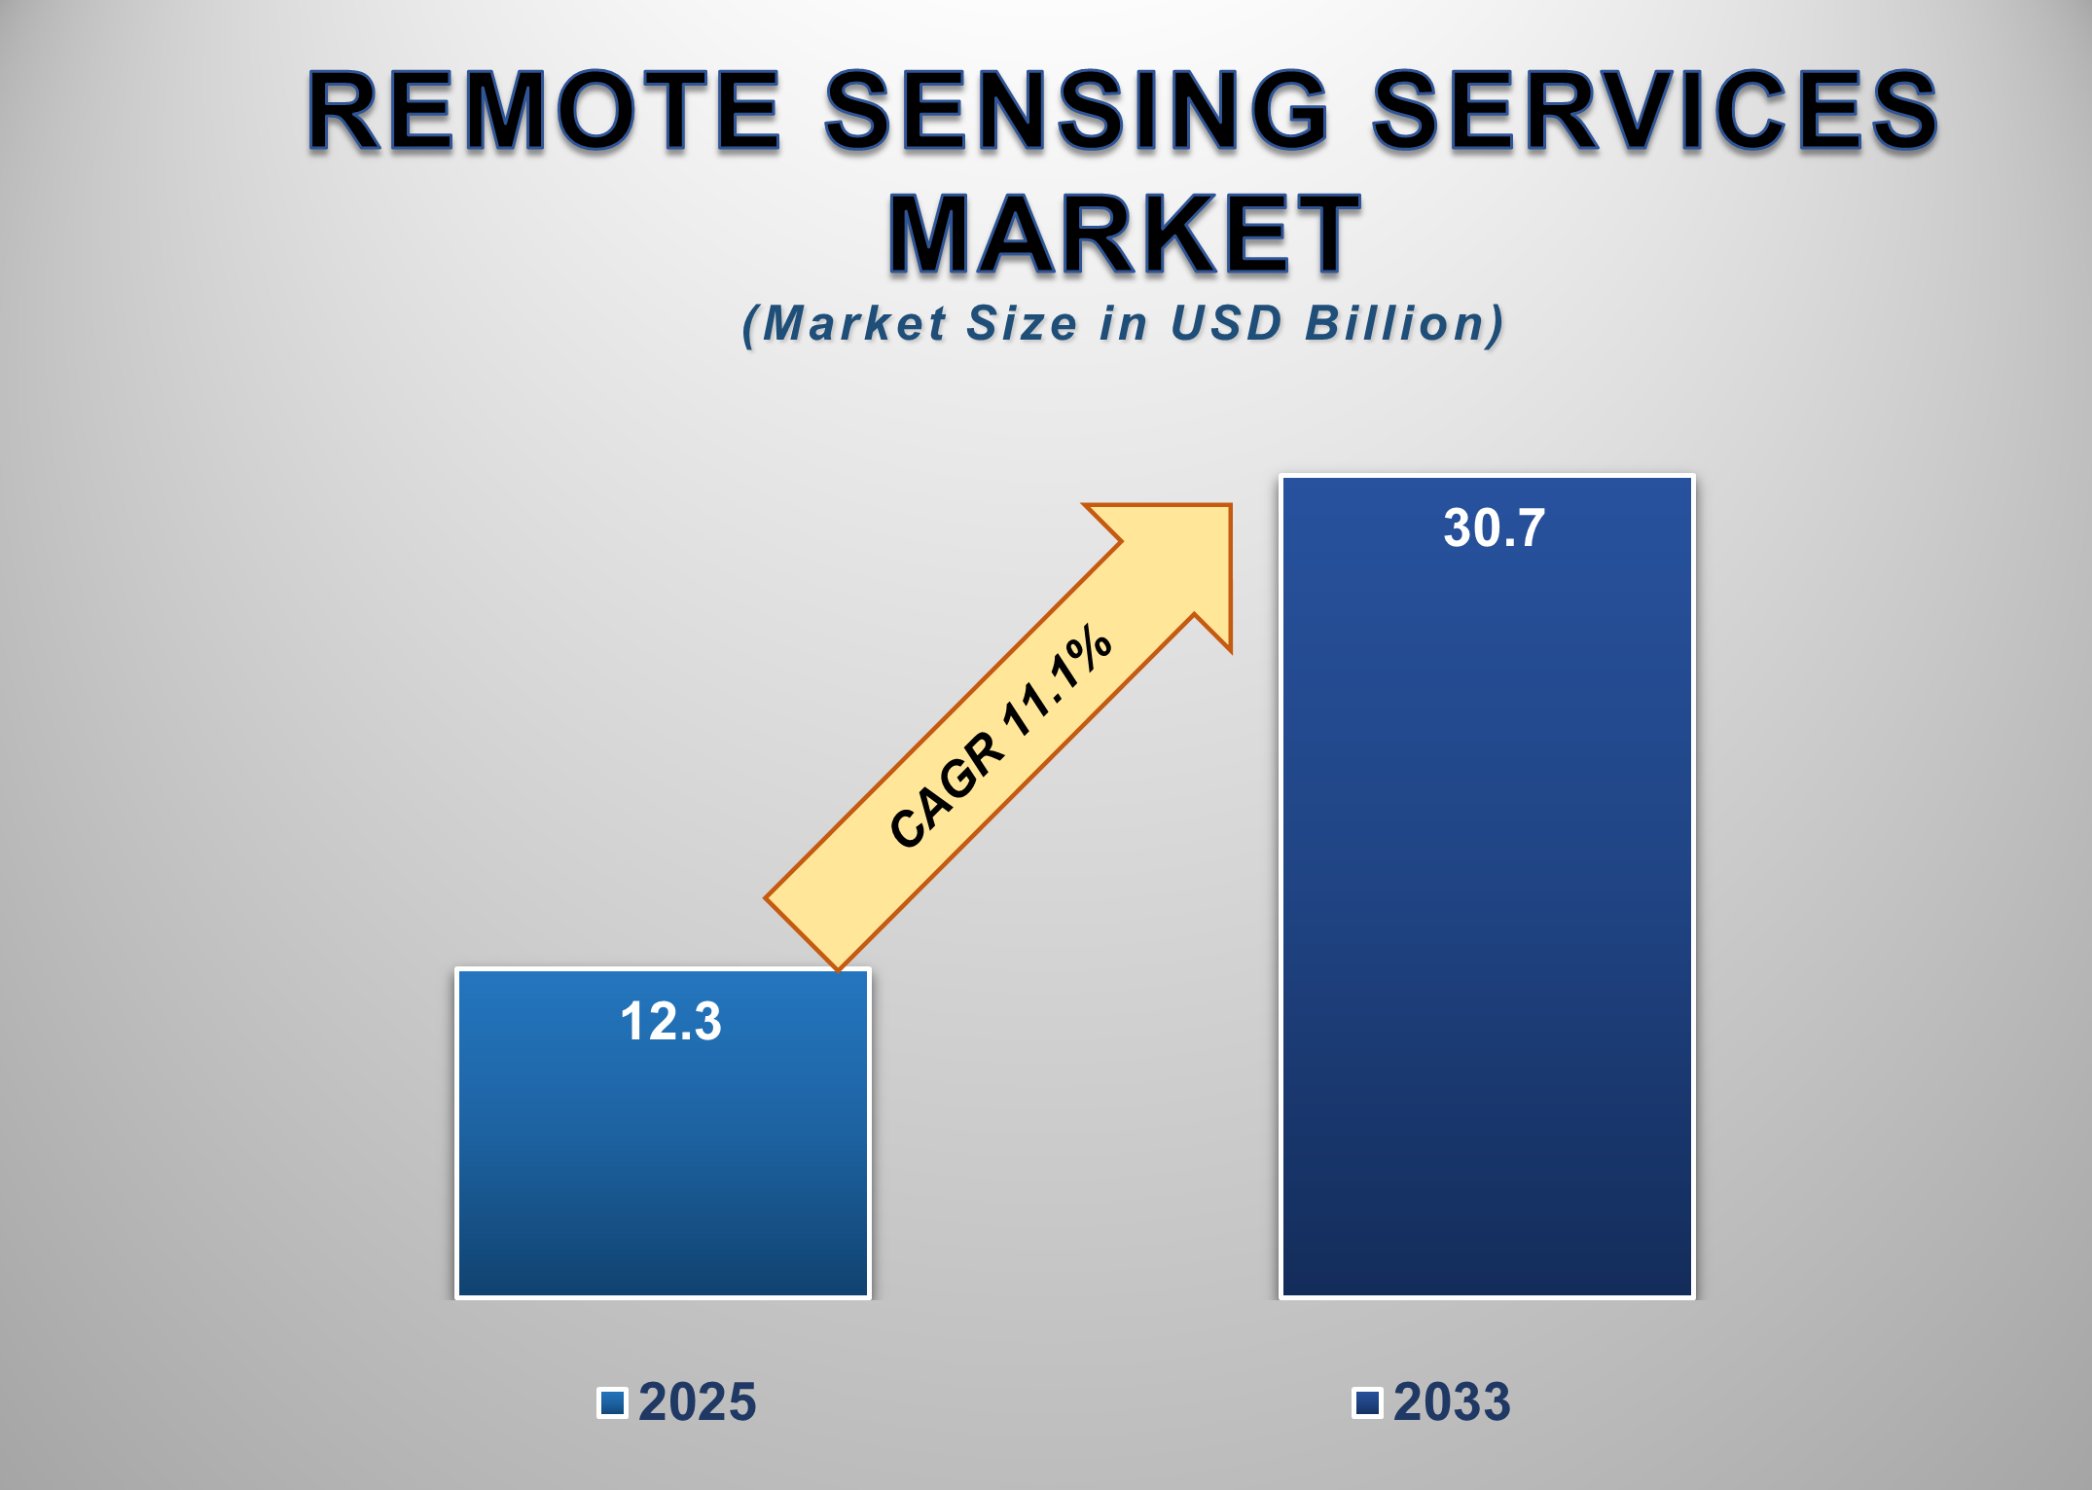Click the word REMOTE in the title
[545, 112]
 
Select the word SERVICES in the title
[1654, 112]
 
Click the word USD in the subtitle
[1226, 324]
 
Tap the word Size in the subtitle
[1021, 324]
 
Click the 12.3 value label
[670, 1022]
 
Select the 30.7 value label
[1494, 528]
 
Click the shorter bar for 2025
[663, 1168]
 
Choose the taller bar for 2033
[1487, 925]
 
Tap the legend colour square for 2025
[612, 1402]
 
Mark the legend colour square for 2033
[1367, 1402]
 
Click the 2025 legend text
[697, 1402]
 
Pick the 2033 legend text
[1452, 1402]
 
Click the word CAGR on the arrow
[946, 790]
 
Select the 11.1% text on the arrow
[1058, 680]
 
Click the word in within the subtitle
[1124, 324]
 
